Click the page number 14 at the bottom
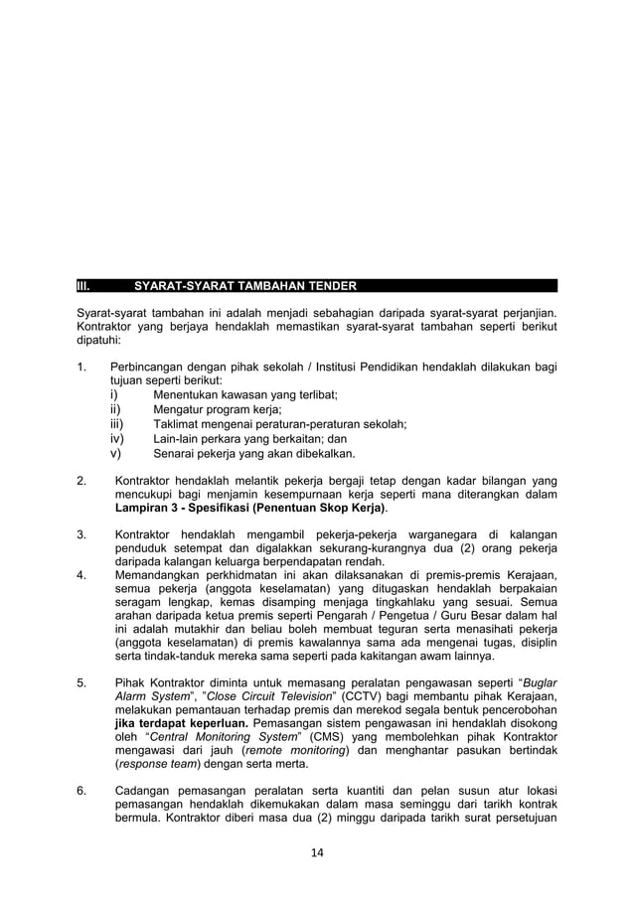point(317,852)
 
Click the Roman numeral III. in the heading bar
point(84,287)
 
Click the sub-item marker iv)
point(116,438)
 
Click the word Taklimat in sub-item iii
point(176,424)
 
